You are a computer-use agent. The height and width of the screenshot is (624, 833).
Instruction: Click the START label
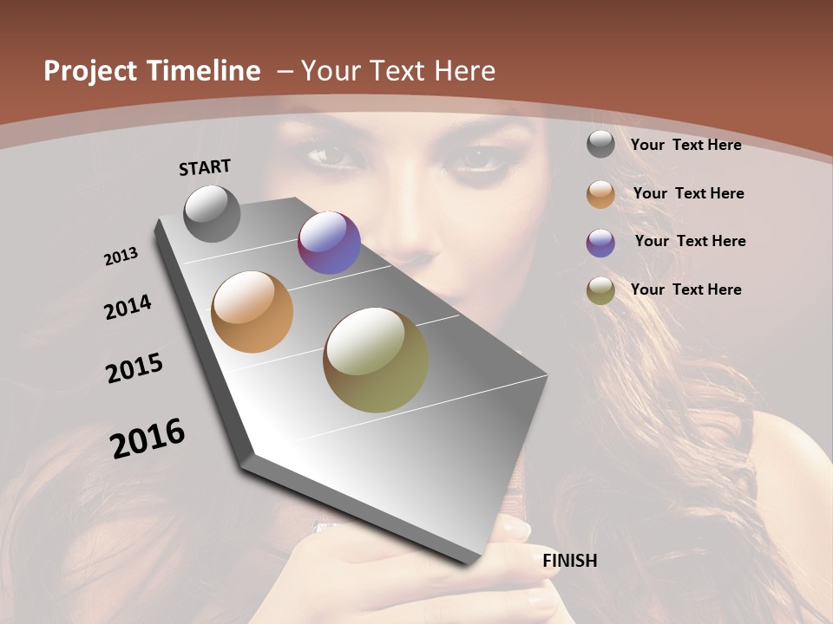pyautogui.click(x=205, y=167)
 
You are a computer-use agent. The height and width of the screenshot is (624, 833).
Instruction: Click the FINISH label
pyautogui.click(x=570, y=561)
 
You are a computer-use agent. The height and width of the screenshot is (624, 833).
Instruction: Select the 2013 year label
pyautogui.click(x=121, y=257)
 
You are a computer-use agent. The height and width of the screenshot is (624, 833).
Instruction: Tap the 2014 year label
pyautogui.click(x=128, y=307)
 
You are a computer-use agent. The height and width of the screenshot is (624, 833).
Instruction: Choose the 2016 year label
pyautogui.click(x=148, y=439)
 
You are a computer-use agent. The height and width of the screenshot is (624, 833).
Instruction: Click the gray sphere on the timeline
pyautogui.click(x=213, y=213)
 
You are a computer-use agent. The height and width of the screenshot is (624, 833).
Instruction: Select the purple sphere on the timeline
pyautogui.click(x=329, y=243)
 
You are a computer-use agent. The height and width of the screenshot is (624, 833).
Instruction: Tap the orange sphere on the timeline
pyautogui.click(x=253, y=312)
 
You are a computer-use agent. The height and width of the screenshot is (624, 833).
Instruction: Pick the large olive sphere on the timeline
pyautogui.click(x=376, y=360)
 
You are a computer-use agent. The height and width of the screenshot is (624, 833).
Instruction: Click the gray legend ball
pyautogui.click(x=600, y=145)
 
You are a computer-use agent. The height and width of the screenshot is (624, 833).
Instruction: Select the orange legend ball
pyautogui.click(x=600, y=194)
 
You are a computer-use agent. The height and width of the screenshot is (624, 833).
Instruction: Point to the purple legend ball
pyautogui.click(x=600, y=243)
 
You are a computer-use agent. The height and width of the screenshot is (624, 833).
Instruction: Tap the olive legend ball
pyautogui.click(x=600, y=290)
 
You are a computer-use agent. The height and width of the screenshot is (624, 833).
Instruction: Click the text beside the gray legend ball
pyautogui.click(x=685, y=146)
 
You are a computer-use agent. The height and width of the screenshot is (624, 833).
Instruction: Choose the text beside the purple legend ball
pyautogui.click(x=690, y=241)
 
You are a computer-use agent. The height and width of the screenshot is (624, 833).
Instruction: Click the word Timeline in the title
pyautogui.click(x=204, y=71)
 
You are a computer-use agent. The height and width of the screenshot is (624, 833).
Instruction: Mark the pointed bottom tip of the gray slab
pyautogui.click(x=475, y=562)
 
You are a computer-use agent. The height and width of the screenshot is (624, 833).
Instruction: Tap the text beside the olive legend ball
pyautogui.click(x=685, y=289)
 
